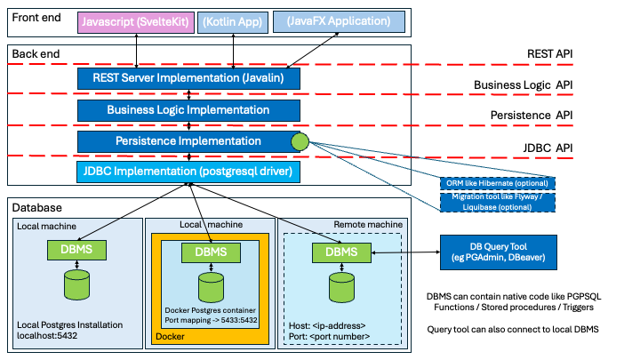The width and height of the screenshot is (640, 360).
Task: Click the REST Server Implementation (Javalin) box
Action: (188, 79)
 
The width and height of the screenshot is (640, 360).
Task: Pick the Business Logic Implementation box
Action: (188, 110)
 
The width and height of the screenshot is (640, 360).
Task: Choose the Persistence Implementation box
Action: (188, 141)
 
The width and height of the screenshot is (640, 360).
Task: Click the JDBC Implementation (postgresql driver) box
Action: (188, 172)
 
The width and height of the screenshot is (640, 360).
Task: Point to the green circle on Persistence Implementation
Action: (300, 140)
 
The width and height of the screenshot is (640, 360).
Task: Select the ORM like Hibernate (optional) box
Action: (499, 183)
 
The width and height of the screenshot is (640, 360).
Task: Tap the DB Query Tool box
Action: (499, 252)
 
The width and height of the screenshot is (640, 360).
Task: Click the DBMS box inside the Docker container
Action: (211, 252)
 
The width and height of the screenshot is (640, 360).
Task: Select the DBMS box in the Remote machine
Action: (342, 252)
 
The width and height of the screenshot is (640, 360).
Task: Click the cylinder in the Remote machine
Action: (342, 286)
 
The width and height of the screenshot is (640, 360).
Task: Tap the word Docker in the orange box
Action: (171, 337)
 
